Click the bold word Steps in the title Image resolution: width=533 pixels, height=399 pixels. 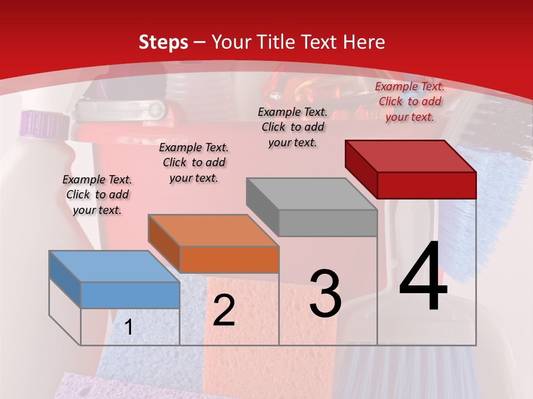[163, 42]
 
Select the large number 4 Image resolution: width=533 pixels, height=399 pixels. [423, 277]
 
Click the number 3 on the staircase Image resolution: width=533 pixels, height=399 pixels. [325, 294]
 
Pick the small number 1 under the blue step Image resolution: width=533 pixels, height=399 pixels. [129, 328]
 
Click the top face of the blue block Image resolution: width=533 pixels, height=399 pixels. [114, 266]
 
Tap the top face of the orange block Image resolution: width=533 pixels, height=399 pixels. [213, 230]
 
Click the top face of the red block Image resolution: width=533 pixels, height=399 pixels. [410, 156]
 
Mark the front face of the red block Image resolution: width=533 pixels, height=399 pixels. [426, 185]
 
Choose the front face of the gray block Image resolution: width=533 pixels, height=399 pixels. [328, 223]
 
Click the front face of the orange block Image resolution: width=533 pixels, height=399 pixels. [229, 259]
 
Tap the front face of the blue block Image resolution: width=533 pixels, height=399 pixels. [130, 295]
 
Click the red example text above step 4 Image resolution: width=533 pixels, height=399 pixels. [410, 101]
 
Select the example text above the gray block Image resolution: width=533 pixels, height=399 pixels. [293, 127]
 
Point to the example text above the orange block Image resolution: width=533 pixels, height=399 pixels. [194, 162]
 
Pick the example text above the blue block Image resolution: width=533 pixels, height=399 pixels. [97, 195]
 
